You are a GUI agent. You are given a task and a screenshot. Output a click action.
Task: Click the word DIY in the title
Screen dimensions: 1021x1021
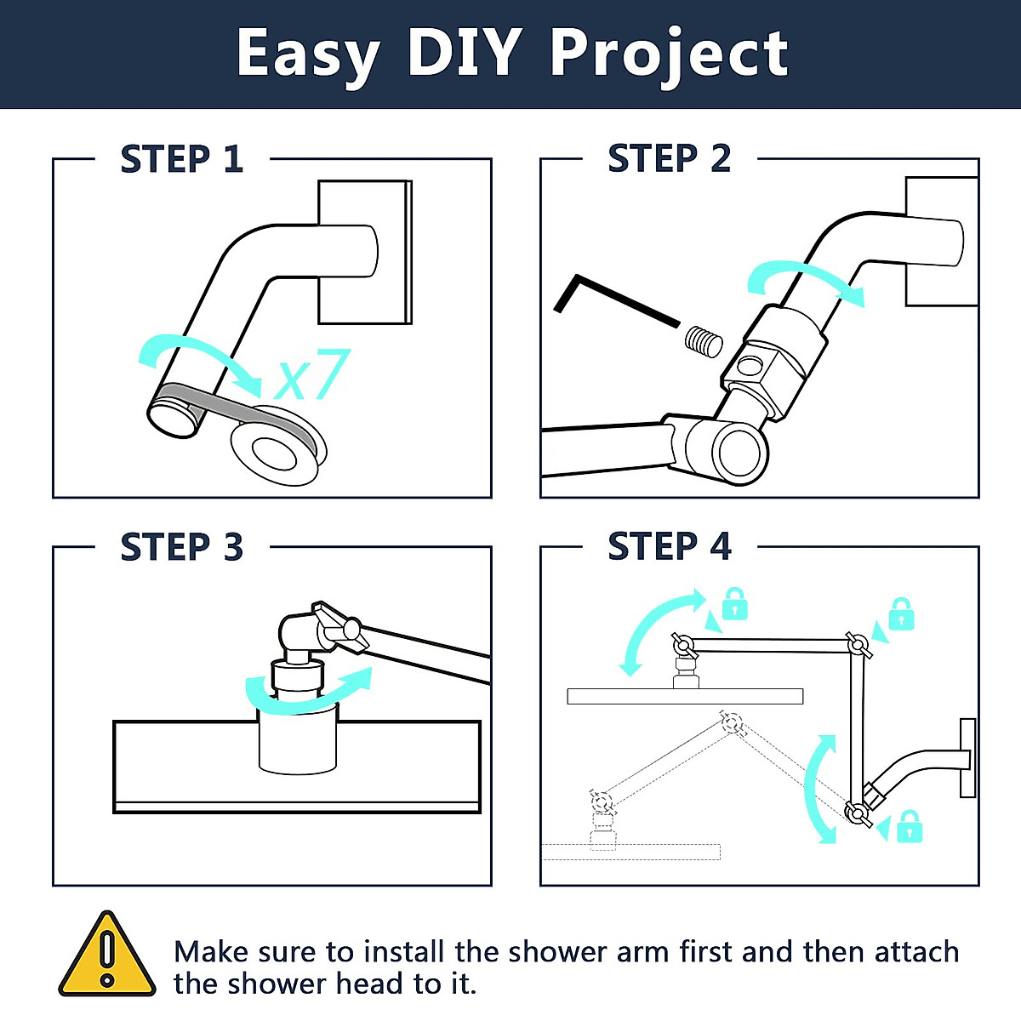point(464,53)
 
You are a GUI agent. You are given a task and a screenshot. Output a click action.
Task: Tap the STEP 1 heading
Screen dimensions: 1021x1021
point(181,160)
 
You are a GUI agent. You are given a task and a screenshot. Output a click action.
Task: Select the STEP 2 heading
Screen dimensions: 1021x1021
point(669,159)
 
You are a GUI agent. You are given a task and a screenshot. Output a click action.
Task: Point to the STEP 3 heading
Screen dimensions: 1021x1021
point(181,547)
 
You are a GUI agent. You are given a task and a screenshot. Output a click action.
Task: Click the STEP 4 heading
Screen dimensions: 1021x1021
point(669,546)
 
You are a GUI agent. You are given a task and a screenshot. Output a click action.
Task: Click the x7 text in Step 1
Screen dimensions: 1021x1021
point(312,375)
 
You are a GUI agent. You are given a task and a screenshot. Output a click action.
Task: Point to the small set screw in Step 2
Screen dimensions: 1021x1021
point(704,341)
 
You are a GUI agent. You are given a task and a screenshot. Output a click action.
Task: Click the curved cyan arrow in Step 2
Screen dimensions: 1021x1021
point(805,282)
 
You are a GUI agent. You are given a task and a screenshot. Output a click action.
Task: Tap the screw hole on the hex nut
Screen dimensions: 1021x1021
point(750,367)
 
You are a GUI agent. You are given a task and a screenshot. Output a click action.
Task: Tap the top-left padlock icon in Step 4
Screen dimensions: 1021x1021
point(734,604)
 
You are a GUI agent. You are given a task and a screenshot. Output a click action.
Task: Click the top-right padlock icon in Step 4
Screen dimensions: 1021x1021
point(901,613)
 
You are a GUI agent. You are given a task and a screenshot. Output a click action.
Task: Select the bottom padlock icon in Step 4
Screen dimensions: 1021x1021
point(910,826)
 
